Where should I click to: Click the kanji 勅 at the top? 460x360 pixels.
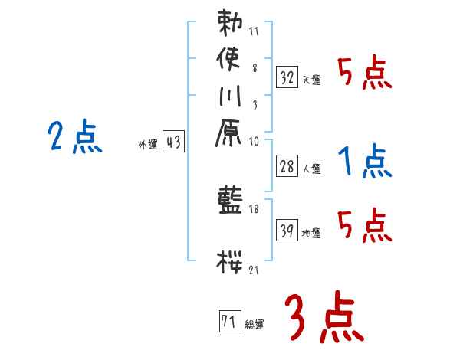click(230, 24)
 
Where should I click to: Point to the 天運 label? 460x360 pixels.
click(311, 79)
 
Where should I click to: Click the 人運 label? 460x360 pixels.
click(311, 168)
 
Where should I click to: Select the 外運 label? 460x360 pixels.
click(147, 143)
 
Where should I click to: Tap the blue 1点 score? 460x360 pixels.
click(365, 162)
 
